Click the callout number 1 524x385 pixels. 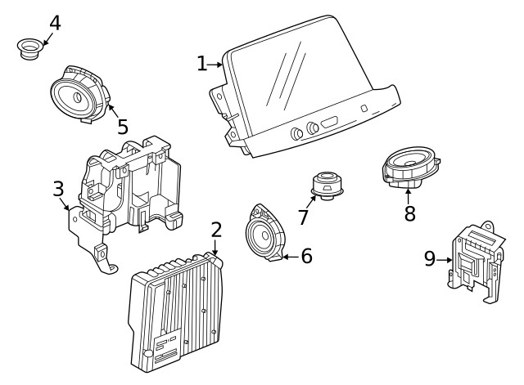tap(202, 64)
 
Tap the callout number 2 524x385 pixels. tap(216, 230)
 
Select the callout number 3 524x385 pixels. tap(58, 190)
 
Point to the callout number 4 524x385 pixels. tap(54, 21)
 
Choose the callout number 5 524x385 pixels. tap(123, 126)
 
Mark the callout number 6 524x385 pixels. tap(306, 256)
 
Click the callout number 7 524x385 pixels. tap(304, 217)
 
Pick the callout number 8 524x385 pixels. tap(409, 213)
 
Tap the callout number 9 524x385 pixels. tap(430, 259)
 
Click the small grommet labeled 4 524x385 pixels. tap(31, 48)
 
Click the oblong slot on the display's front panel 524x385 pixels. tap(329, 123)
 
